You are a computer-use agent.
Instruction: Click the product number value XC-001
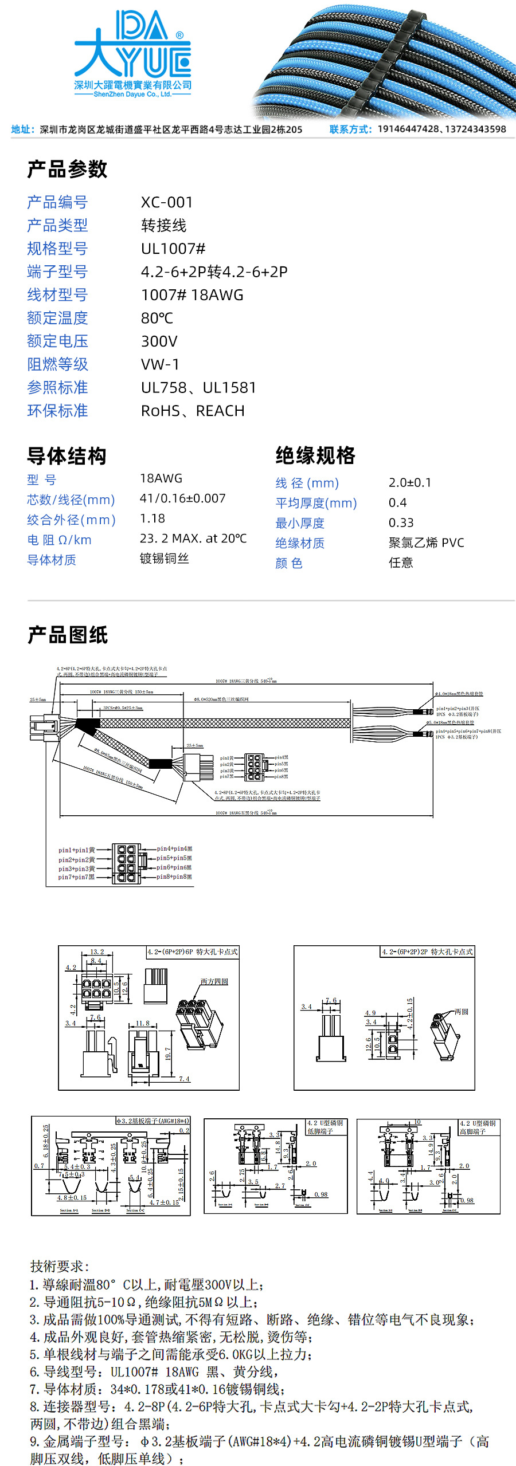pyautogui.click(x=167, y=202)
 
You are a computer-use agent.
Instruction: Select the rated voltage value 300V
pyautogui.click(x=159, y=341)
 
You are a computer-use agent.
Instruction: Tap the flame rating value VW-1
pyautogui.click(x=160, y=364)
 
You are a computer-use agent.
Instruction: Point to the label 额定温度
pyautogui.click(x=57, y=318)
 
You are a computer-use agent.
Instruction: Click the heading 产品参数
pyautogui.click(x=67, y=169)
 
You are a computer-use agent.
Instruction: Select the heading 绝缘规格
pyautogui.click(x=315, y=455)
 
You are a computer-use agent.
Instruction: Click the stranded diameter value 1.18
pyautogui.click(x=153, y=518)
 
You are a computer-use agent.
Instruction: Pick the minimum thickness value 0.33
pyautogui.click(x=401, y=522)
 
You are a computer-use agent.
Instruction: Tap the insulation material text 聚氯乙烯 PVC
pyautogui.click(x=426, y=543)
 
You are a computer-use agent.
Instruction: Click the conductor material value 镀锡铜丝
pyautogui.click(x=164, y=559)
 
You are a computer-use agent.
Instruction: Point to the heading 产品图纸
pyautogui.click(x=67, y=635)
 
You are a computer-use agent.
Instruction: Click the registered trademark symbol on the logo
pyautogui.click(x=179, y=36)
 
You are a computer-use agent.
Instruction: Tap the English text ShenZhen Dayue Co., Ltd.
pyautogui.click(x=132, y=95)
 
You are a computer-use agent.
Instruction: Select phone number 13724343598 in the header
pyautogui.click(x=475, y=129)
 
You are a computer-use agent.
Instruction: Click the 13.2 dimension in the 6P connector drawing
pyautogui.click(x=97, y=952)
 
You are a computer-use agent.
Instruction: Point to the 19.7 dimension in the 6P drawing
pyautogui.click(x=168, y=1053)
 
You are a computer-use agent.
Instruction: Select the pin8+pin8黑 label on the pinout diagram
pyautogui.click(x=174, y=877)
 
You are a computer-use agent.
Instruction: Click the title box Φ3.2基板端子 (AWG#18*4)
pyautogui.click(x=153, y=1121)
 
